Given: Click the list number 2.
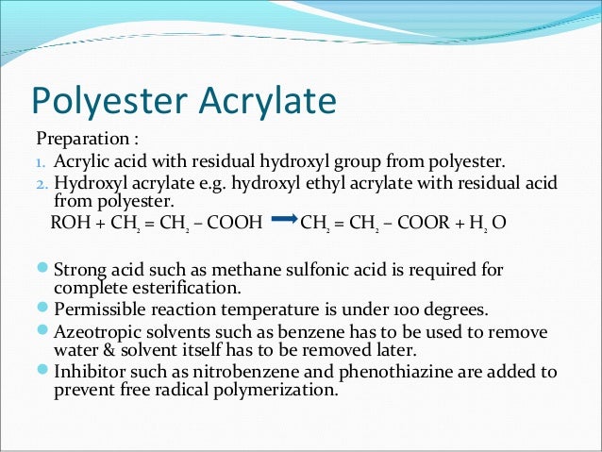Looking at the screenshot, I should point(41,182).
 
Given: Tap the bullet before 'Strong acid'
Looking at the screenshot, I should point(43,269).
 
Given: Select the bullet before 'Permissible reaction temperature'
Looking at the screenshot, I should point(43,308).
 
